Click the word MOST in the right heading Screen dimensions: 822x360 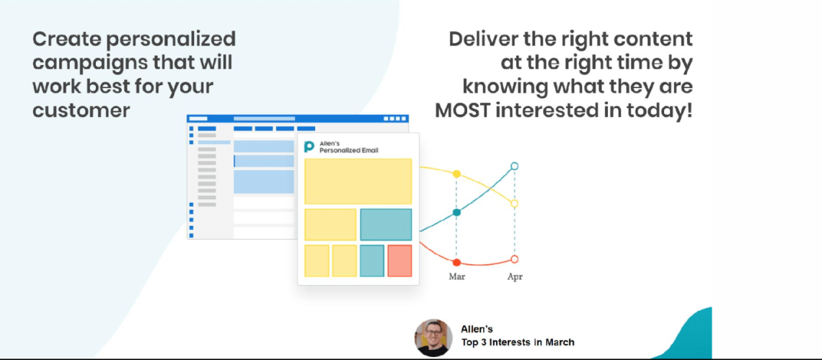tap(466, 111)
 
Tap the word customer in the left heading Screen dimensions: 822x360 tap(81, 110)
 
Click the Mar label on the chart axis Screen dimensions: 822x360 tap(456, 276)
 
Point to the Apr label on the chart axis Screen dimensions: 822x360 tap(515, 276)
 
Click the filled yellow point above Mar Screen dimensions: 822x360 tap(456, 174)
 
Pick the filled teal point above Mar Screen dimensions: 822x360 tap(456, 213)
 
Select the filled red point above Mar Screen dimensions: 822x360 tap(456, 263)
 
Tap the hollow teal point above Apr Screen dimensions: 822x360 tap(514, 167)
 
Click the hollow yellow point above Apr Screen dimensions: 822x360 tap(514, 203)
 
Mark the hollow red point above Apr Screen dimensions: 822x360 tap(514, 259)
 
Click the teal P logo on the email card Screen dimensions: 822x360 tap(309, 146)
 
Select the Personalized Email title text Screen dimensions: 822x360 tap(348, 151)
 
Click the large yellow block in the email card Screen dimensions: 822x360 tap(358, 182)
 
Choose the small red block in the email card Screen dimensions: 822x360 tap(399, 261)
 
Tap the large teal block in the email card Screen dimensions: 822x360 tap(386, 224)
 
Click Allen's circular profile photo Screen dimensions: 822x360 tap(433, 338)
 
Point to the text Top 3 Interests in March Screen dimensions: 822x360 tap(518, 343)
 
